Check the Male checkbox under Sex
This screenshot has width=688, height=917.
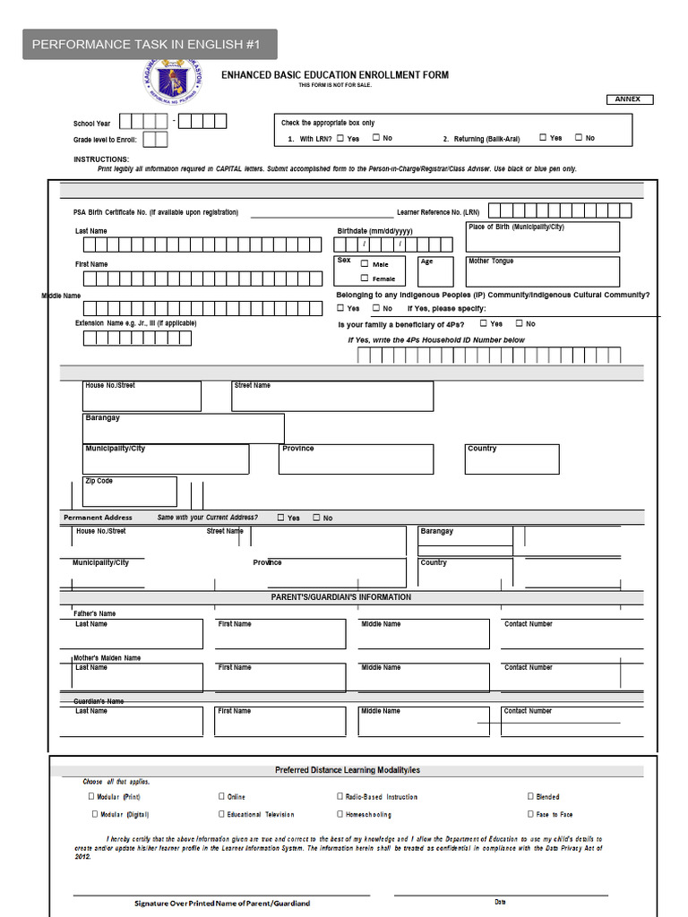pyautogui.click(x=365, y=264)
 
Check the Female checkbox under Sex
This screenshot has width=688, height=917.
pyautogui.click(x=365, y=279)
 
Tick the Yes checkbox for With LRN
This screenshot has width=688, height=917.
pyautogui.click(x=340, y=138)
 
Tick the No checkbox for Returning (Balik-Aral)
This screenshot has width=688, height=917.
pyautogui.click(x=579, y=138)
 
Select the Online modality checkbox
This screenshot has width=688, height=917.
pyautogui.click(x=221, y=796)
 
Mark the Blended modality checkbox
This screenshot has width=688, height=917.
pyautogui.click(x=530, y=796)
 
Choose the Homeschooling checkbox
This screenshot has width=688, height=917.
pyautogui.click(x=340, y=814)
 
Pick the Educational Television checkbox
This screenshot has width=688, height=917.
pyautogui.click(x=221, y=814)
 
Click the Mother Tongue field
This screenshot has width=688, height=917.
pyautogui.click(x=542, y=272)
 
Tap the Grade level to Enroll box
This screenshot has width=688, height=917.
pyautogui.click(x=155, y=140)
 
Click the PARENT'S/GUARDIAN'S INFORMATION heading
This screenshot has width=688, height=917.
pyautogui.click(x=341, y=597)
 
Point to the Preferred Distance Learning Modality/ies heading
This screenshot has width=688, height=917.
pyautogui.click(x=347, y=770)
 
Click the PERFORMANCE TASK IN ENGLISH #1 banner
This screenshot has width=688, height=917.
pyautogui.click(x=149, y=45)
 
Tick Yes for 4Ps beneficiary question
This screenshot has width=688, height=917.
pyautogui.click(x=484, y=323)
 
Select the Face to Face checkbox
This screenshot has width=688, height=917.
pyautogui.click(x=530, y=814)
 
